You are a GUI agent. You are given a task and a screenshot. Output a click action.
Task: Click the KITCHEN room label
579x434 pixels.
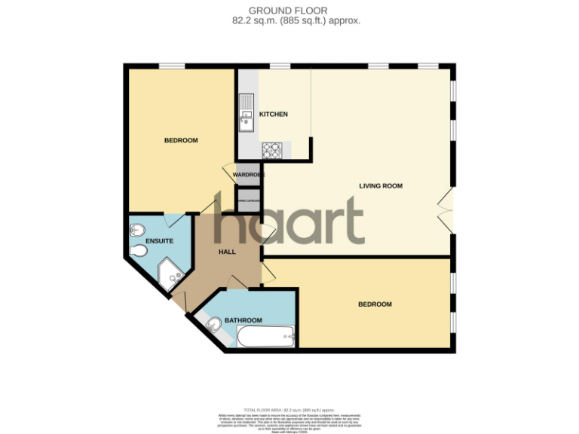pyautogui.click(x=274, y=114)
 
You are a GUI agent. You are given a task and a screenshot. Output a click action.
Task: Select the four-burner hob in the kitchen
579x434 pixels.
pyautogui.click(x=272, y=150)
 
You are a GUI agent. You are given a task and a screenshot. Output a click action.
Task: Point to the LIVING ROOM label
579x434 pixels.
pyautogui.click(x=381, y=185)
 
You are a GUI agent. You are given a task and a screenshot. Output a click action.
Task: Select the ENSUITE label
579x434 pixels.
pyautogui.click(x=160, y=241)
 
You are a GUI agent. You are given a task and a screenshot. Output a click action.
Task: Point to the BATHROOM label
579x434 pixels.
pyautogui.click(x=243, y=320)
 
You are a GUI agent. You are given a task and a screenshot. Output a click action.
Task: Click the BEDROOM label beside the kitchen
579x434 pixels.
pyautogui.click(x=181, y=140)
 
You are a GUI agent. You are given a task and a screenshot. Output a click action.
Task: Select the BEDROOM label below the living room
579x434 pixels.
pyautogui.click(x=375, y=304)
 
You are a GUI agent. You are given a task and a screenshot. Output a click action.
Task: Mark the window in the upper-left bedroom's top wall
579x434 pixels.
pyautogui.click(x=173, y=66)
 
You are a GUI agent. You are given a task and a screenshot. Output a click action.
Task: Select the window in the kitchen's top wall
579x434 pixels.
pyautogui.click(x=280, y=66)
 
